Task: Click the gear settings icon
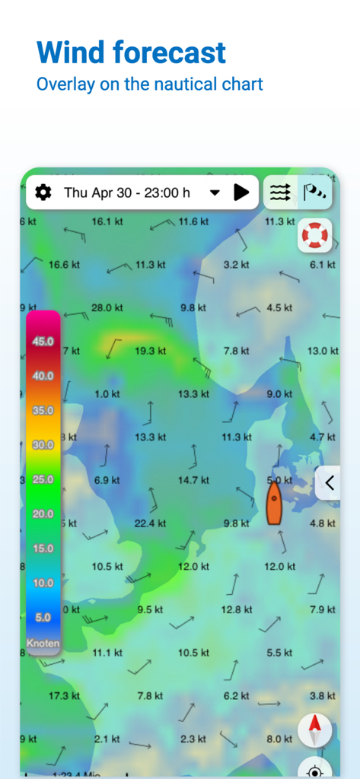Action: coord(43,192)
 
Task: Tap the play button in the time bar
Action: coord(241,192)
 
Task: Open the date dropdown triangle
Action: coord(215,192)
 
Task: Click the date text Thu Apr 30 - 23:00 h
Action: coord(127,192)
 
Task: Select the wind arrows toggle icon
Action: coord(280,192)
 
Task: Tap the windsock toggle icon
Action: coord(314,192)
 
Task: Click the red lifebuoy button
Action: coord(314,234)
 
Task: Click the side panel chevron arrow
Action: coord(330,482)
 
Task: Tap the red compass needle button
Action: coord(314,730)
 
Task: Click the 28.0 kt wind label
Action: coord(107,307)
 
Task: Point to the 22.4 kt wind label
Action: coord(150,523)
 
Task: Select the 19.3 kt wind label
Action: coord(150,351)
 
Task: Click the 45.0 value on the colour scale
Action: coord(43,342)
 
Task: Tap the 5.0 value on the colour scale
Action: coord(43,617)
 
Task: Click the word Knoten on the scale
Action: coord(43,643)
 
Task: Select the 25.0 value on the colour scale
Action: coord(43,479)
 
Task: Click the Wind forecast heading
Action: coord(131,52)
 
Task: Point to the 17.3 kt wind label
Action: coord(64,696)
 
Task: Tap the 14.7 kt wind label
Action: coord(193,480)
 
